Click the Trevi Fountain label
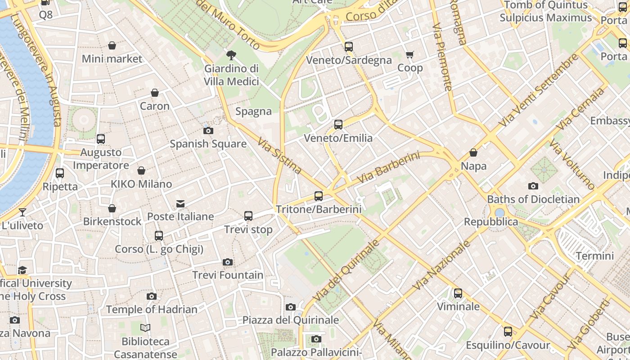pos(228,274)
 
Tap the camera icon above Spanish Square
pos(208,131)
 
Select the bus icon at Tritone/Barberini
pos(319,196)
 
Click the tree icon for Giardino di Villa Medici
pos(231,55)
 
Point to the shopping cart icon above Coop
pos(410,55)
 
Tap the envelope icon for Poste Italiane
pos(180,204)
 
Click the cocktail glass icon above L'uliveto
pos(22,212)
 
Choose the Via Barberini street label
pos(388,168)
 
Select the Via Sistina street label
pos(279,156)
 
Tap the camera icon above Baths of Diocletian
pos(533,186)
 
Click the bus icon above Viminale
pos(458,293)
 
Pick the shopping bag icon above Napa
pos(473,153)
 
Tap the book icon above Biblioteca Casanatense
pos(145,328)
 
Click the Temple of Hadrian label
pos(152,309)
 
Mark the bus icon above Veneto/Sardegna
pos(349,47)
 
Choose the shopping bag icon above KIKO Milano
pos(141,171)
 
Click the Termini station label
pos(595,256)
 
